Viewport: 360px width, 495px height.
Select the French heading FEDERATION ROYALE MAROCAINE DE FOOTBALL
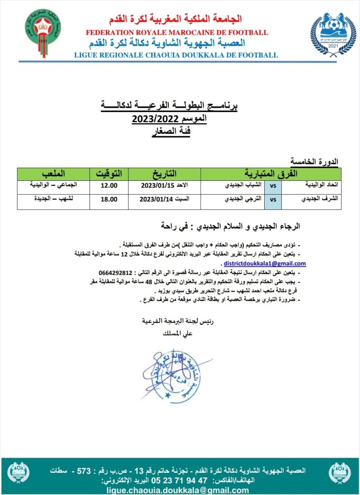pos(177,32)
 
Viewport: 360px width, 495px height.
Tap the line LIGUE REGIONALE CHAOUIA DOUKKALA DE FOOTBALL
pos(176,55)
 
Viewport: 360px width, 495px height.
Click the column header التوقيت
pos(108,173)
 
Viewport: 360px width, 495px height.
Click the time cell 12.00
pos(108,186)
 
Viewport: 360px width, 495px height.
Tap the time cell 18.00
pos(108,199)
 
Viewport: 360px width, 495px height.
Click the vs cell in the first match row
pos(273,186)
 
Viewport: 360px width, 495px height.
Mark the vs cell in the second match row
pos(273,199)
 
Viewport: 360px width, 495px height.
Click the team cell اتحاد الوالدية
pos(318,186)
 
